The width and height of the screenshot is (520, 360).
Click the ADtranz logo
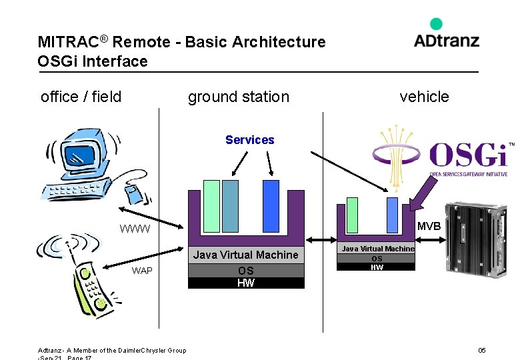tap(446, 35)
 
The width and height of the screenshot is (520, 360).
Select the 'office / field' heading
tap(81, 97)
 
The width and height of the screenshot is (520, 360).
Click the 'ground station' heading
tap(239, 97)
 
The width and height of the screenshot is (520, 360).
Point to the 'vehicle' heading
tap(424, 97)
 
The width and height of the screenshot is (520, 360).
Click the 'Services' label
tap(249, 140)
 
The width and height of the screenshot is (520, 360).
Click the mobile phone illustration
tap(81, 273)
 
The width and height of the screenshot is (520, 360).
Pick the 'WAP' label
tap(142, 271)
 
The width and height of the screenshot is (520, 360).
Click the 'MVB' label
tap(428, 227)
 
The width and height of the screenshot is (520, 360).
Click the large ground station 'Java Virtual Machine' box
tap(245, 255)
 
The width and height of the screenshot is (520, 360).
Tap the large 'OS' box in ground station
tap(245, 271)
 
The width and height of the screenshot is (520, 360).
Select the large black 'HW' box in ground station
tap(245, 283)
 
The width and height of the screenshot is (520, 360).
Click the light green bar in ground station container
tap(211, 206)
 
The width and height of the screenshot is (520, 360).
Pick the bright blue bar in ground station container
tap(271, 206)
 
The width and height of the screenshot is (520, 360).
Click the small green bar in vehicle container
tap(352, 215)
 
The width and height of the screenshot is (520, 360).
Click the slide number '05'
tap(482, 351)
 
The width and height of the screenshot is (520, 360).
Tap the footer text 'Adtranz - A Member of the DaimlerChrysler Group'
tap(112, 351)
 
